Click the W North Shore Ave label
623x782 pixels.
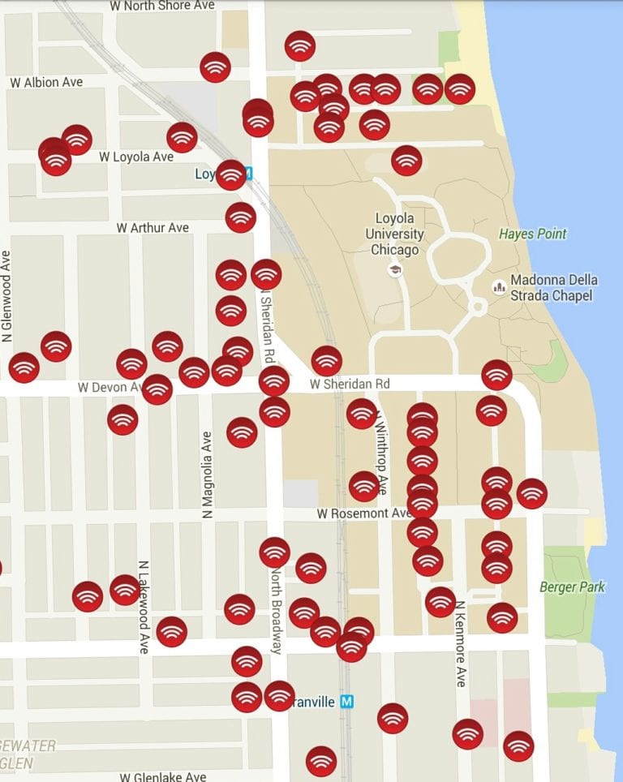pos(163,6)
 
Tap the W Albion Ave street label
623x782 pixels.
pos(46,83)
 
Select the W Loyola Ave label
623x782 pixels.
pos(136,156)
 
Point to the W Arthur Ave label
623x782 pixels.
pos(153,228)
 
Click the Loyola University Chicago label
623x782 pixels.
pos(395,234)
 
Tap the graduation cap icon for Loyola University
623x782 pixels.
pos(395,270)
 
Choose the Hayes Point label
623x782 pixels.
pos(532,234)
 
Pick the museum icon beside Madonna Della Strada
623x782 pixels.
pos(498,287)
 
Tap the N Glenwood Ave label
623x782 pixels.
pos(7,295)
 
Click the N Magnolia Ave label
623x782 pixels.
pos(207,475)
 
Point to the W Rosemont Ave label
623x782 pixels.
pos(364,513)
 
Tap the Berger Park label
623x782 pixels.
pos(572,586)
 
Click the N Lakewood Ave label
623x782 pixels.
pos(144,607)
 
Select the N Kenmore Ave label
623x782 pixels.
pos(460,643)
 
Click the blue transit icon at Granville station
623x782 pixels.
pos(347,702)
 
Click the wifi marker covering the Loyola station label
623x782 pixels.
pos(231,175)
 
